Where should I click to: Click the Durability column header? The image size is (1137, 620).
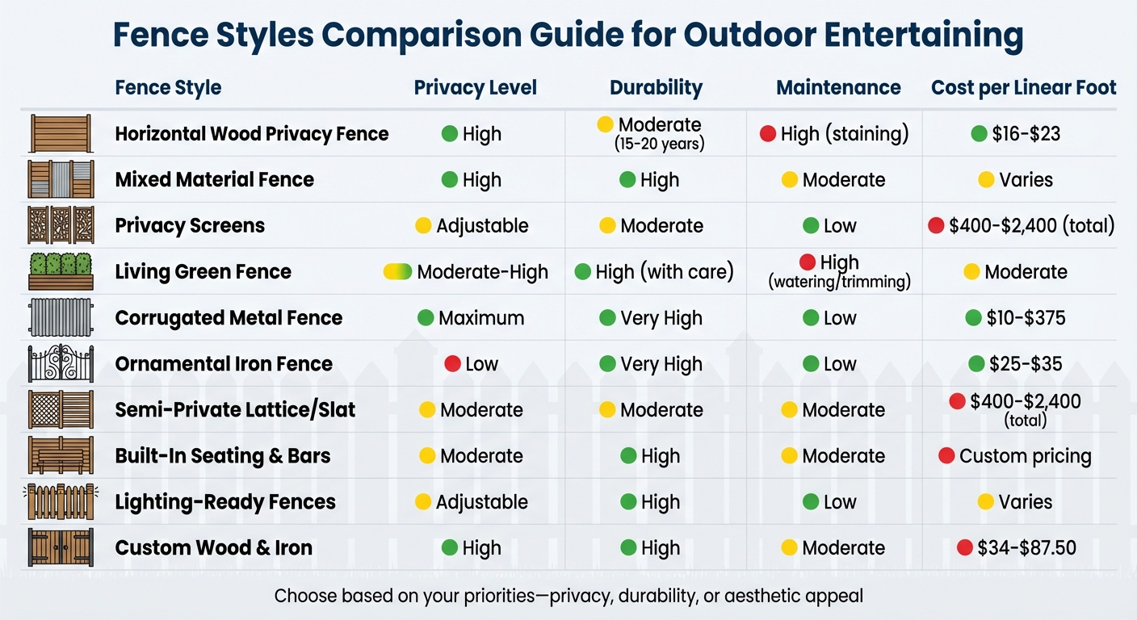(x=656, y=87)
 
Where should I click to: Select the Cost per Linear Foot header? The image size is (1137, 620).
(x=1023, y=87)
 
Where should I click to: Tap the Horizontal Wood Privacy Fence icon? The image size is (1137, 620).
(x=61, y=134)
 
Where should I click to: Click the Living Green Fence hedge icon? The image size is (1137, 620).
(x=61, y=272)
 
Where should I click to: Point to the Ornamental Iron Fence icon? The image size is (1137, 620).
(x=61, y=364)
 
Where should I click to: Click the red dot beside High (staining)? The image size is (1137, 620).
(x=768, y=134)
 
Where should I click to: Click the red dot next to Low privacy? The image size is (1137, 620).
(x=452, y=364)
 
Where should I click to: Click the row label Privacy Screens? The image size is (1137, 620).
(x=190, y=225)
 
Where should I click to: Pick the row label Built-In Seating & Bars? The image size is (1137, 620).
(x=223, y=456)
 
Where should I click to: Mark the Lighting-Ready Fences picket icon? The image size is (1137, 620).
(x=61, y=502)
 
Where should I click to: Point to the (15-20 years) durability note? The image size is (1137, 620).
(x=659, y=145)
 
